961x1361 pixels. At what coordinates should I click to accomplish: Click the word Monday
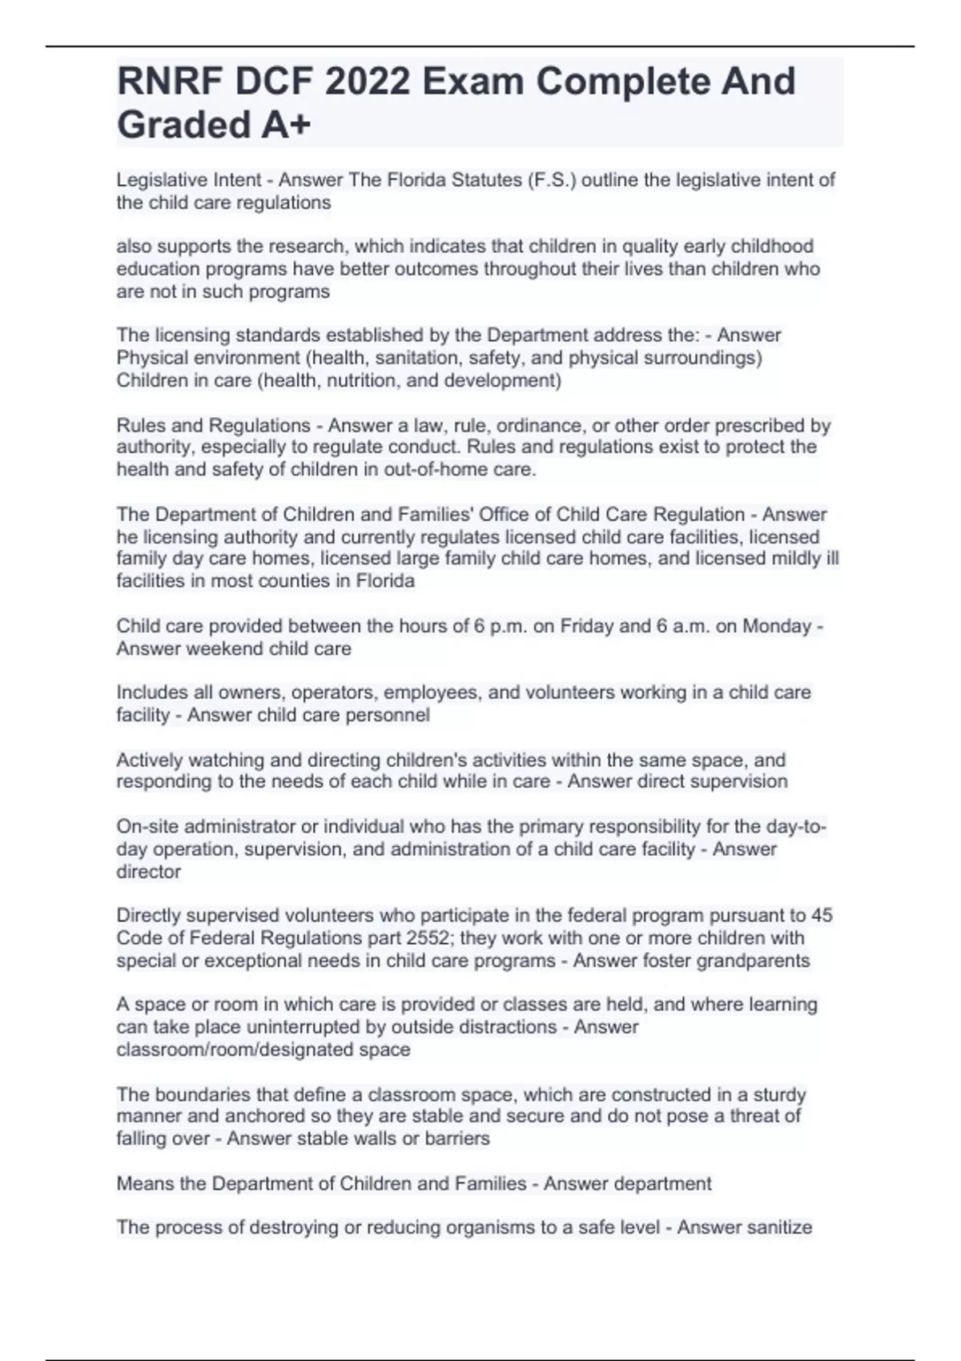[777, 626]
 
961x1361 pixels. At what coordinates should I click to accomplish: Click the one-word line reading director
[149, 872]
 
